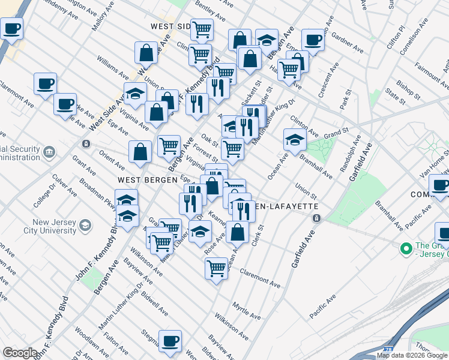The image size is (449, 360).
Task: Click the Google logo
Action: coord(19,353)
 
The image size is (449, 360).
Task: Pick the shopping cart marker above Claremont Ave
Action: coord(216,268)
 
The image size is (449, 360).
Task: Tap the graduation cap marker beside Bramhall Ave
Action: coord(295,140)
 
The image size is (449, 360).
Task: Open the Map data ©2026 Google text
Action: coord(412,355)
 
